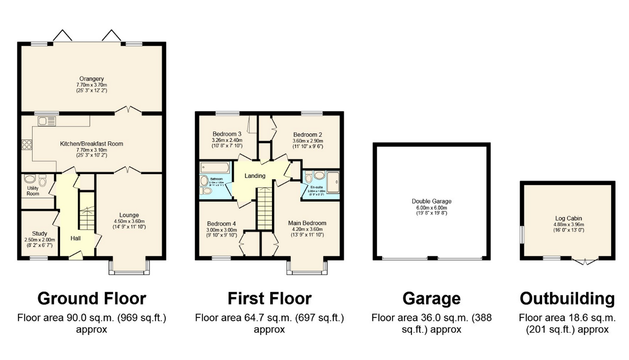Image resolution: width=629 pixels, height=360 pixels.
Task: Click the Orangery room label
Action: pos(91,78)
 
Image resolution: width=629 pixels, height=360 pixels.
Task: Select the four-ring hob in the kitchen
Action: pos(26,145)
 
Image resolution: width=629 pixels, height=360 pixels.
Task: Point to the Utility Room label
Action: pos(33,190)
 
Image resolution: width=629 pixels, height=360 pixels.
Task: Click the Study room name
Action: pos(39,233)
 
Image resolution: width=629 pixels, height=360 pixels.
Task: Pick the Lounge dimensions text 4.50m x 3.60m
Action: pos(129,221)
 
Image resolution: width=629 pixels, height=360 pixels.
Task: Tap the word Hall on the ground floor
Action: pos(75,237)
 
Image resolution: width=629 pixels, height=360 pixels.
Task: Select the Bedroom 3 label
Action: pos(227,134)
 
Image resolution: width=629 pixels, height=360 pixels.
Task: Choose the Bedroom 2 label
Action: pos(307,134)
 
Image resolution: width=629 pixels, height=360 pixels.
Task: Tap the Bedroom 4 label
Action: pos(221,223)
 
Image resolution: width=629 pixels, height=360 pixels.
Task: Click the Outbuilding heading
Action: pos(567,298)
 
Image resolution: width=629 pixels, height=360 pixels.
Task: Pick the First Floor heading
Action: pos(269,298)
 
